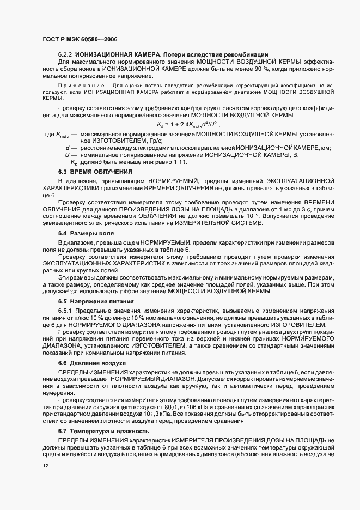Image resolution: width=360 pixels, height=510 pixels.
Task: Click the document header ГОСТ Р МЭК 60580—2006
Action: pyautogui.click(x=80, y=40)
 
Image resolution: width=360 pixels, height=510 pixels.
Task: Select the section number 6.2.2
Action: pyautogui.click(x=65, y=54)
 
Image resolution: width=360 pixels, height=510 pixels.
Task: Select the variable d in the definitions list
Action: pyautogui.click(x=66, y=148)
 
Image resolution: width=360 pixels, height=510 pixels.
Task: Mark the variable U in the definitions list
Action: pyautogui.click(x=66, y=155)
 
